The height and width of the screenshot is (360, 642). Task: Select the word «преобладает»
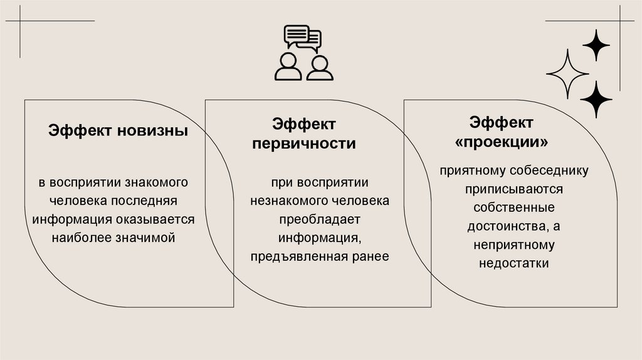[320, 220]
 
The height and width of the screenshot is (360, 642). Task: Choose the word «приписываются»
[513, 189]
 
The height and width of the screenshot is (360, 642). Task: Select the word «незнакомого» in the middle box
[286, 201]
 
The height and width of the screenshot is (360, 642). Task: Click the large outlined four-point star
[567, 74]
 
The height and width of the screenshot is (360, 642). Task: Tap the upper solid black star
[596, 45]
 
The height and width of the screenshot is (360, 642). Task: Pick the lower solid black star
[596, 100]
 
